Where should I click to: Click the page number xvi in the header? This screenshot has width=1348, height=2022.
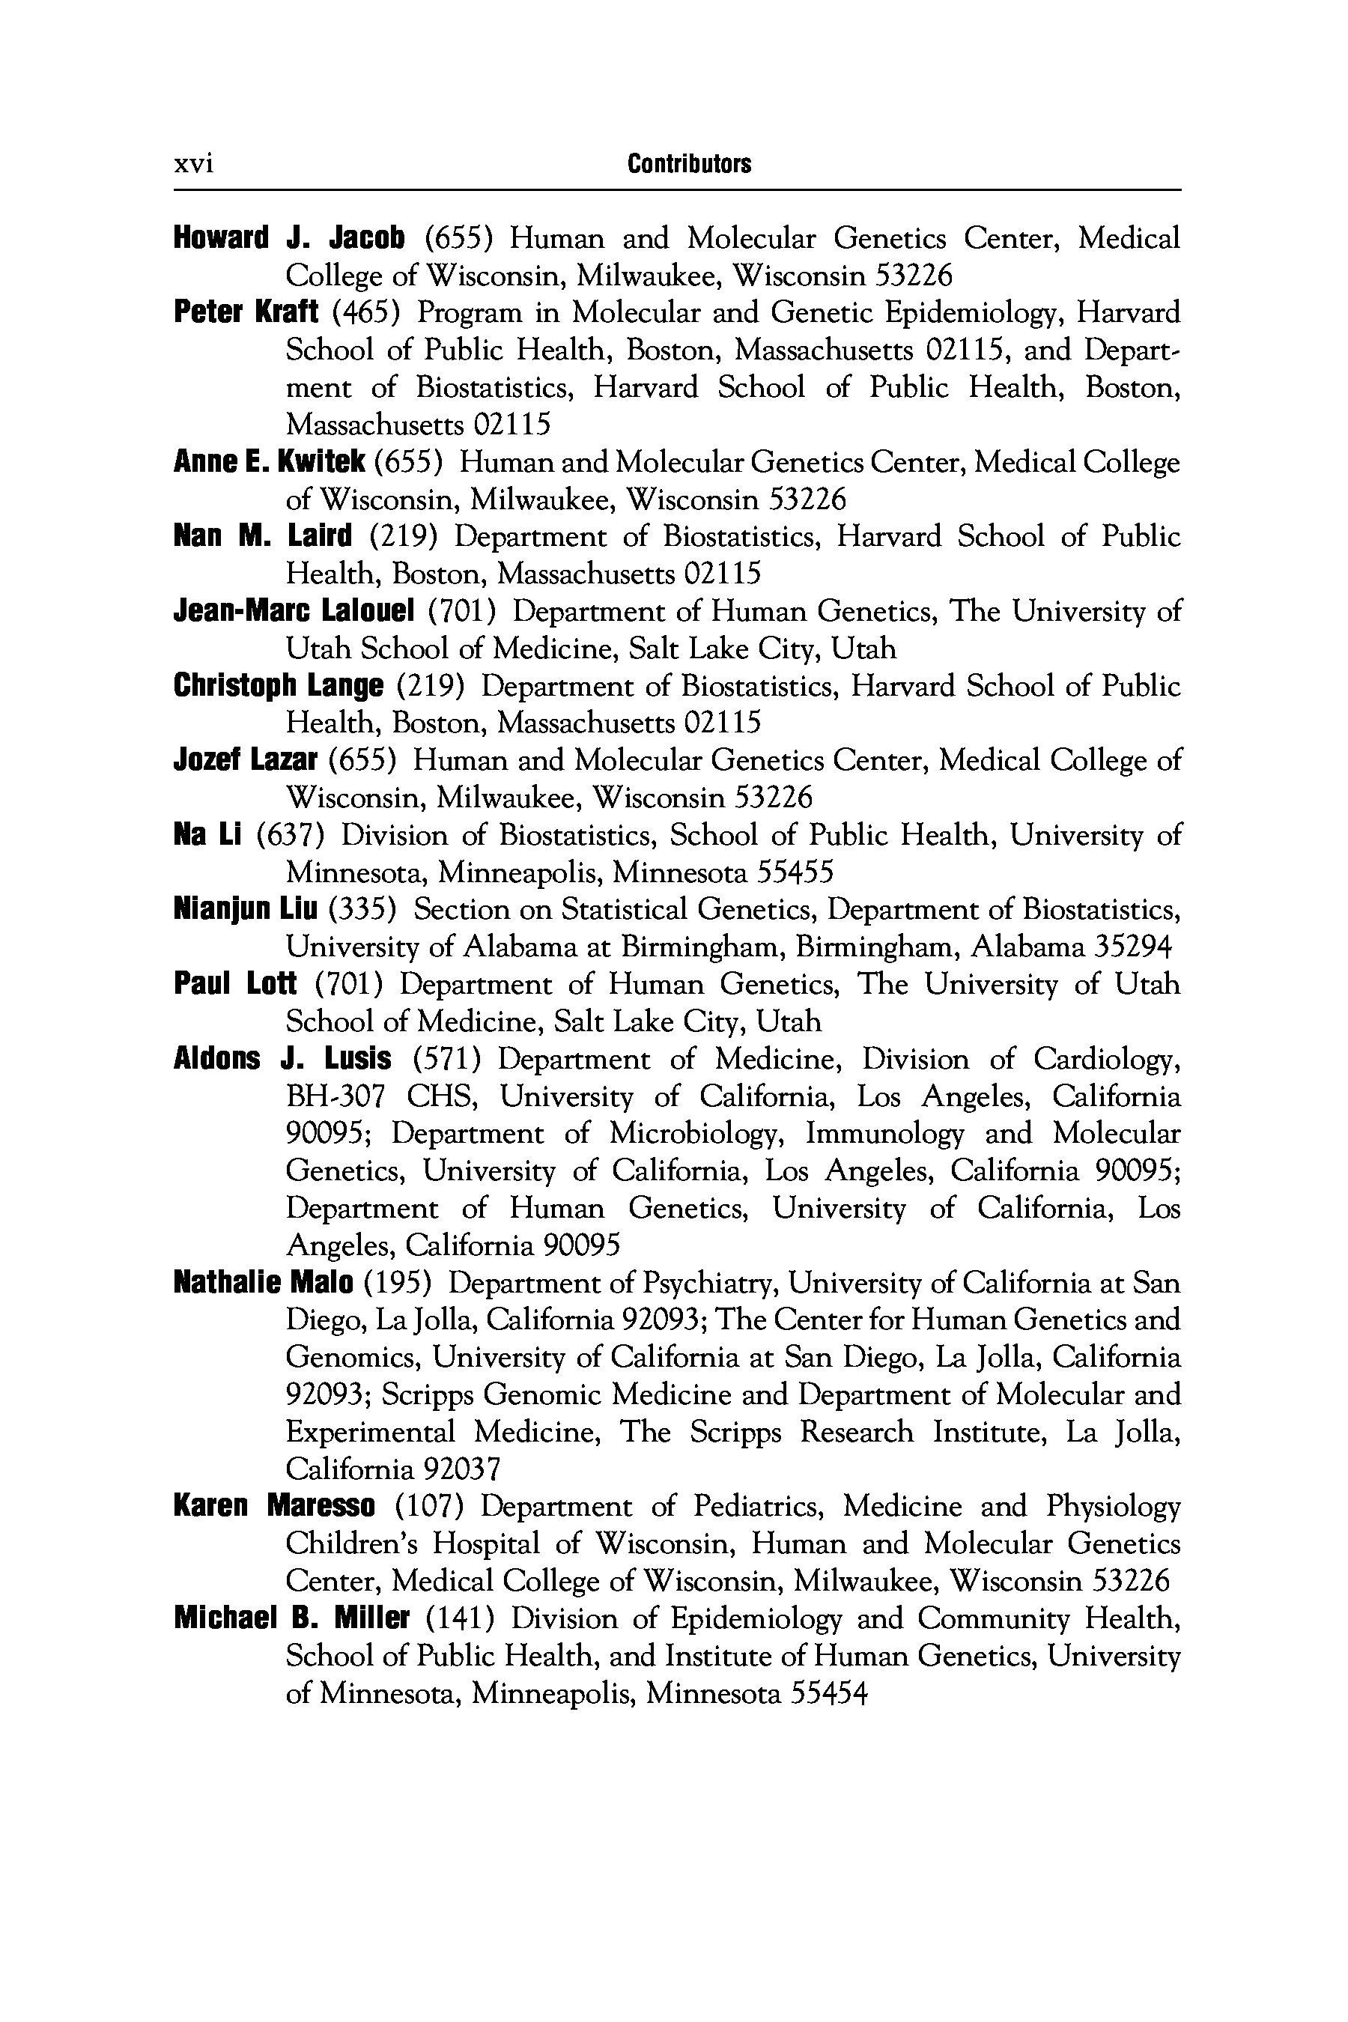click(x=193, y=163)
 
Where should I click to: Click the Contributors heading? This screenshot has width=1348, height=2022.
click(x=689, y=163)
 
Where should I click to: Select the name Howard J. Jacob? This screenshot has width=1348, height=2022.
click(x=289, y=237)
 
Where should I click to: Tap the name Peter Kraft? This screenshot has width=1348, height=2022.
click(x=246, y=312)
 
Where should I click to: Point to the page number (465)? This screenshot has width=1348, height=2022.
click(x=366, y=312)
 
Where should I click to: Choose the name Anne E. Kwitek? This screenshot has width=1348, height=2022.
click(x=269, y=463)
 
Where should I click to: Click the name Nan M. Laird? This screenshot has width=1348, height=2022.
click(x=263, y=536)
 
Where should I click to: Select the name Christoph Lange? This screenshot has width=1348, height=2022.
click(x=278, y=686)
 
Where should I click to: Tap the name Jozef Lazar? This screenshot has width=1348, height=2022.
click(x=246, y=760)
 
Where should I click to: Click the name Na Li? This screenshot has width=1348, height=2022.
click(x=207, y=835)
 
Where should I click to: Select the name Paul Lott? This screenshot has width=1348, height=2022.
click(x=236, y=983)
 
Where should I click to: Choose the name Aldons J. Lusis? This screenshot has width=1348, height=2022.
click(x=282, y=1058)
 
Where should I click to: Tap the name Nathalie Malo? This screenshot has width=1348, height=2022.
click(x=263, y=1284)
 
